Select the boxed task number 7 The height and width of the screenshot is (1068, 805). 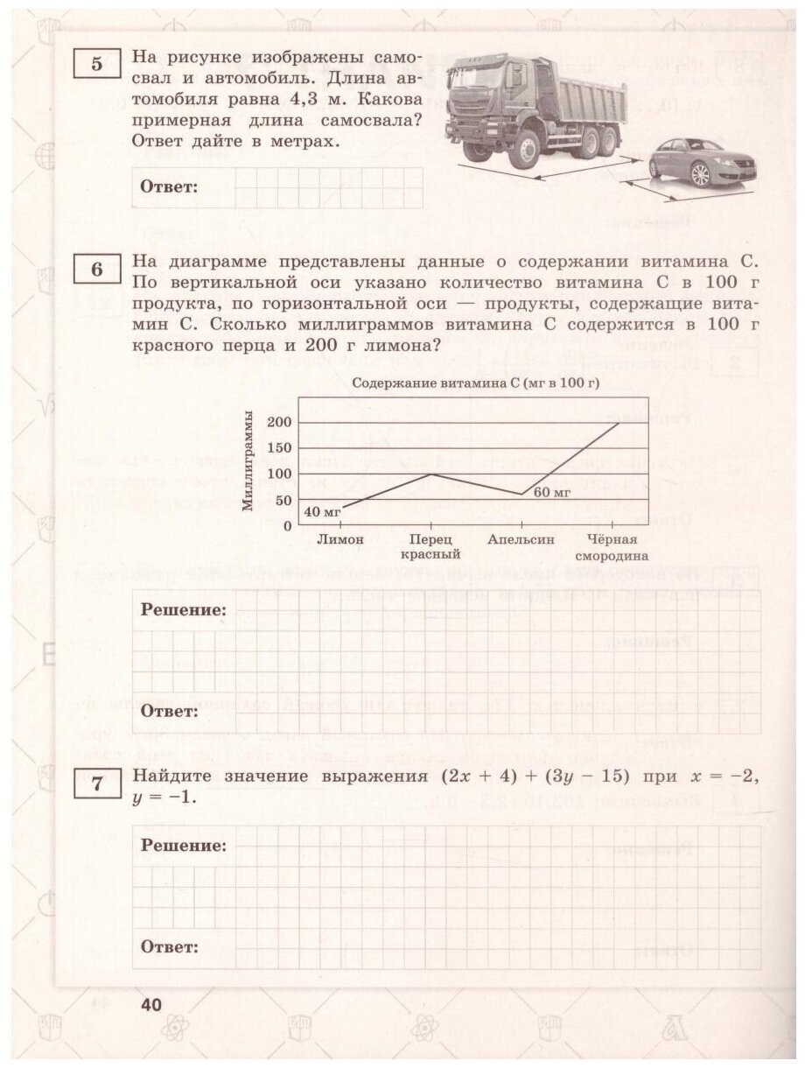pos(97,785)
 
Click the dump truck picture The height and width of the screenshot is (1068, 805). pos(535,109)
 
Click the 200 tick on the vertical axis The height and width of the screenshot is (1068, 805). pos(278,423)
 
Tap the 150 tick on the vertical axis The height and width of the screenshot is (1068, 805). pos(278,449)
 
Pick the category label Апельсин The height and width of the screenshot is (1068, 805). pos(521,540)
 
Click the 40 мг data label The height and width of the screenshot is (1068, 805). pos(321,512)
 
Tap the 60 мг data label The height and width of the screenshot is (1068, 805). pos(552,493)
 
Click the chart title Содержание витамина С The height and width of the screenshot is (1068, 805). pos(479,383)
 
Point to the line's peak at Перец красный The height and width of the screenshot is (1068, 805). pos(430,474)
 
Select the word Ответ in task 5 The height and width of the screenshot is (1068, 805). pos(170,186)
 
